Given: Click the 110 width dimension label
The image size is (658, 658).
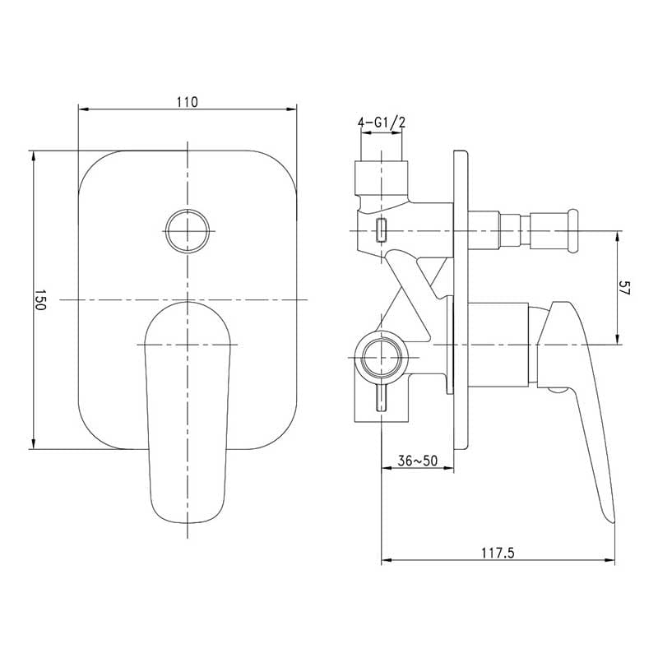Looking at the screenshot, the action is (x=188, y=102).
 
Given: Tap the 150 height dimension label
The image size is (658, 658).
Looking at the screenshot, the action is (x=39, y=299).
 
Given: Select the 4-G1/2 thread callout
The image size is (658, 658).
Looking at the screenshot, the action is (x=382, y=123).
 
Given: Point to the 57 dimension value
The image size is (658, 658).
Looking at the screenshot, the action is (x=625, y=288).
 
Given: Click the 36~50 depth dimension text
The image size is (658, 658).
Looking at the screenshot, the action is (x=418, y=461).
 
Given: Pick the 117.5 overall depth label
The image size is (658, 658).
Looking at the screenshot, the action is (x=498, y=553).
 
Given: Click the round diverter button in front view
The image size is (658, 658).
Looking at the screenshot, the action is (x=188, y=231).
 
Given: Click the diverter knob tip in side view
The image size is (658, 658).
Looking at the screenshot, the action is (x=572, y=231).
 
